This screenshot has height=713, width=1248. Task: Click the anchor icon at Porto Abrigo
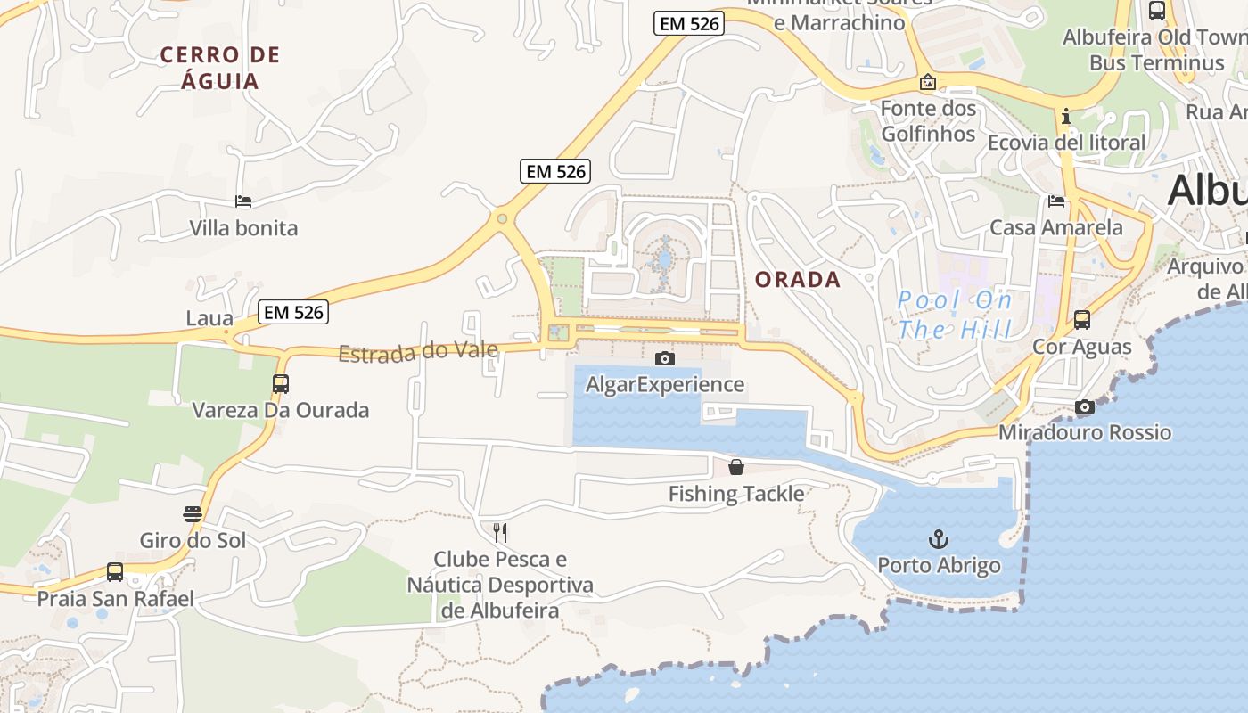[938, 538]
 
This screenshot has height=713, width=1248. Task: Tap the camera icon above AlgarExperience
[664, 358]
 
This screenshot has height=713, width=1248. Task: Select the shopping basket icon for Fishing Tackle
[736, 466]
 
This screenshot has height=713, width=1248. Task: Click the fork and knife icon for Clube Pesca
[500, 533]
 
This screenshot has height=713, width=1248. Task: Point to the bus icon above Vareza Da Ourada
[281, 384]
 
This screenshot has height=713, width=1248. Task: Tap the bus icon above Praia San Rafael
[115, 572]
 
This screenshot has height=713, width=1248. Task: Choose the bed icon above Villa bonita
[243, 201]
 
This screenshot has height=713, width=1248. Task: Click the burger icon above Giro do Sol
[193, 514]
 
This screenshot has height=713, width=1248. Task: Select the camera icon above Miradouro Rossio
[1084, 406]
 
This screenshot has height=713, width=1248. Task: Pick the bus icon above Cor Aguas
[1082, 319]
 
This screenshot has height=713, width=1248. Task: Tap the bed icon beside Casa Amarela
[1056, 201]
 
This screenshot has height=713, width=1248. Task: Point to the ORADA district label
[798, 280]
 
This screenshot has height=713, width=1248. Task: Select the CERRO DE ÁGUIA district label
[220, 68]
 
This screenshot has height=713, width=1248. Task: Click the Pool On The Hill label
[955, 315]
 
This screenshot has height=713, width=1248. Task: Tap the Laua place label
[209, 318]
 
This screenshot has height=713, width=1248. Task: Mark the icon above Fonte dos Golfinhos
[928, 83]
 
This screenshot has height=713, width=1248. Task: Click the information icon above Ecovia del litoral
[1065, 117]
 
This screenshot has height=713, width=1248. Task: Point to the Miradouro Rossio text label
[1085, 433]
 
